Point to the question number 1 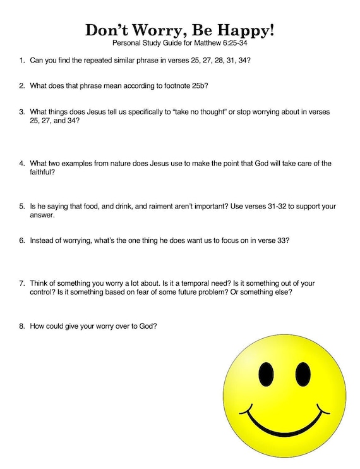pos(22,61)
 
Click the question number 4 pos(22,164)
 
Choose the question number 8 pos(22,326)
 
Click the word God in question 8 pos(148,326)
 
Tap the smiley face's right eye pos(303,375)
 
